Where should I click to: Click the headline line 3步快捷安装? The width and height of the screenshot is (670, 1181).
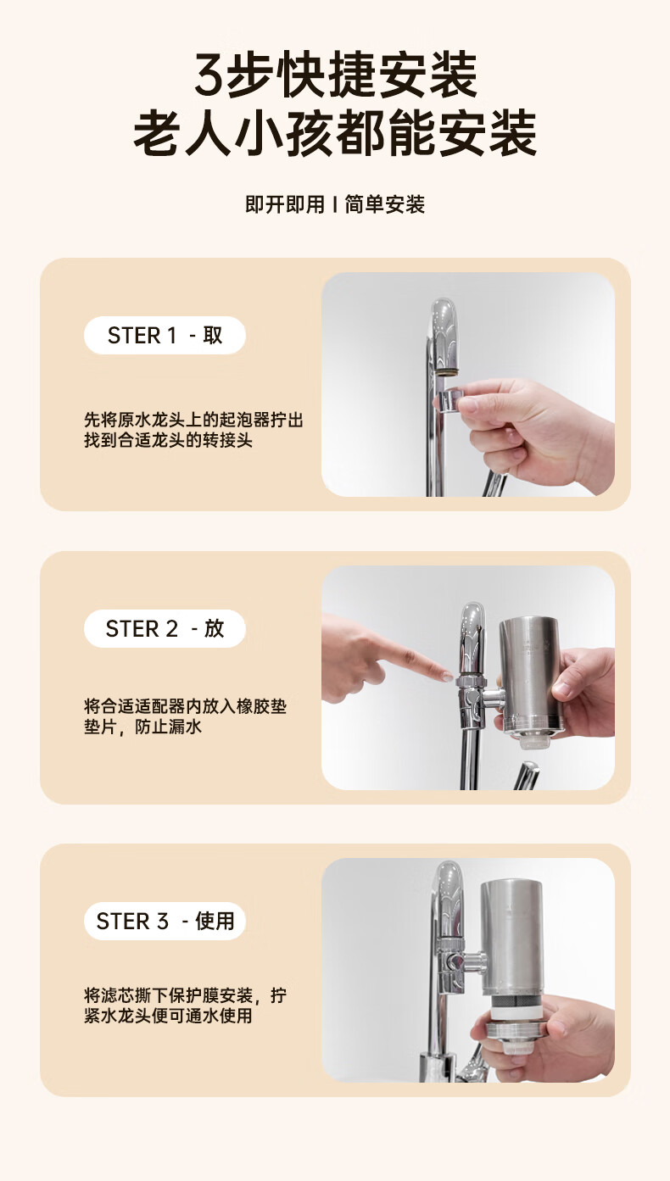click(x=336, y=75)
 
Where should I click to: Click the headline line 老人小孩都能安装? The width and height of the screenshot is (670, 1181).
click(x=335, y=133)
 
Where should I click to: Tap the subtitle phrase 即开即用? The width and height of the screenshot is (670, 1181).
click(x=285, y=204)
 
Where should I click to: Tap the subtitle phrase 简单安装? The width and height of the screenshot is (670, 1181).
click(x=384, y=204)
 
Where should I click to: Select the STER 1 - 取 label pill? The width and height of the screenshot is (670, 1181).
click(x=165, y=336)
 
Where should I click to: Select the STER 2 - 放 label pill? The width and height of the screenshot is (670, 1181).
click(x=165, y=628)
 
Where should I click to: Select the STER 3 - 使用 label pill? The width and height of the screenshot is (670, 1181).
click(x=165, y=921)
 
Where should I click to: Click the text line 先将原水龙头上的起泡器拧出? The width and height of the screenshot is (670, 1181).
click(x=193, y=421)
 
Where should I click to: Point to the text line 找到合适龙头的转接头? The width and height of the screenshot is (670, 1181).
click(x=168, y=440)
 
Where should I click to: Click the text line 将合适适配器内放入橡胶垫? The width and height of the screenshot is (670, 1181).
click(x=185, y=706)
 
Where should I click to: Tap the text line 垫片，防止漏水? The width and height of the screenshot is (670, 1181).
click(x=143, y=727)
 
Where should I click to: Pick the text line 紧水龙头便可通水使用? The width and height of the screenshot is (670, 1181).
click(x=168, y=1015)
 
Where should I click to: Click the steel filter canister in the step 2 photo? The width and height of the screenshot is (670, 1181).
click(x=530, y=675)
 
